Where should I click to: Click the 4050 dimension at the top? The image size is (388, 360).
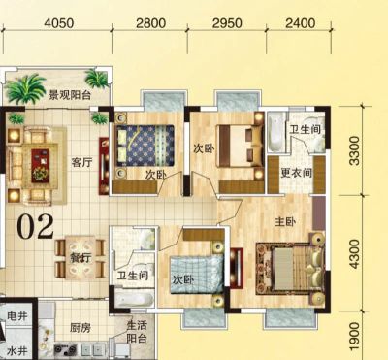coord(59,23)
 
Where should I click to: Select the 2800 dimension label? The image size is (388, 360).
coord(150,23)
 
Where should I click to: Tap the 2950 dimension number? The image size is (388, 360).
coord(227,23)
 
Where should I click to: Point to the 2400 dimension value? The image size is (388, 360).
coord(301,23)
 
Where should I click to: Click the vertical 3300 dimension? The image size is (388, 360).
coord(354,150)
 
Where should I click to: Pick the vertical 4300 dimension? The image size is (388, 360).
coord(354,254)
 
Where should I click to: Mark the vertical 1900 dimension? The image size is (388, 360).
coord(354,337)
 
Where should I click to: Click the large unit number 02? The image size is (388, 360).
coord(36,227)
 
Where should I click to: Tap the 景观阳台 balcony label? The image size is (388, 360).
coord(70,95)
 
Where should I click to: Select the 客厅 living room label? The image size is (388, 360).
coord(82,162)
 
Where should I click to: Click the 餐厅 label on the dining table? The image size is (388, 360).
coord(81,258)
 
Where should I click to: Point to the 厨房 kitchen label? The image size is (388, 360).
coord(81,328)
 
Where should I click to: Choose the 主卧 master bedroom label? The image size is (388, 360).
coord(285,222)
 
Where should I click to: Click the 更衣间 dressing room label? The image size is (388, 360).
coord(296,173)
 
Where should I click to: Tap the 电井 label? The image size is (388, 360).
coord(17,315)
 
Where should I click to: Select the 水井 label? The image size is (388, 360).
coord(17,350)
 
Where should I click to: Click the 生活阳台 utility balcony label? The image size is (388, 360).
coord(137,332)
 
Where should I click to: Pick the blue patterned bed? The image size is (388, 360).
coord(145,146)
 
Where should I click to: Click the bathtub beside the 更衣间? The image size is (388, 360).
coord(276,132)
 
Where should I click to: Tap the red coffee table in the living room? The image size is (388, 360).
coord(40,166)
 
